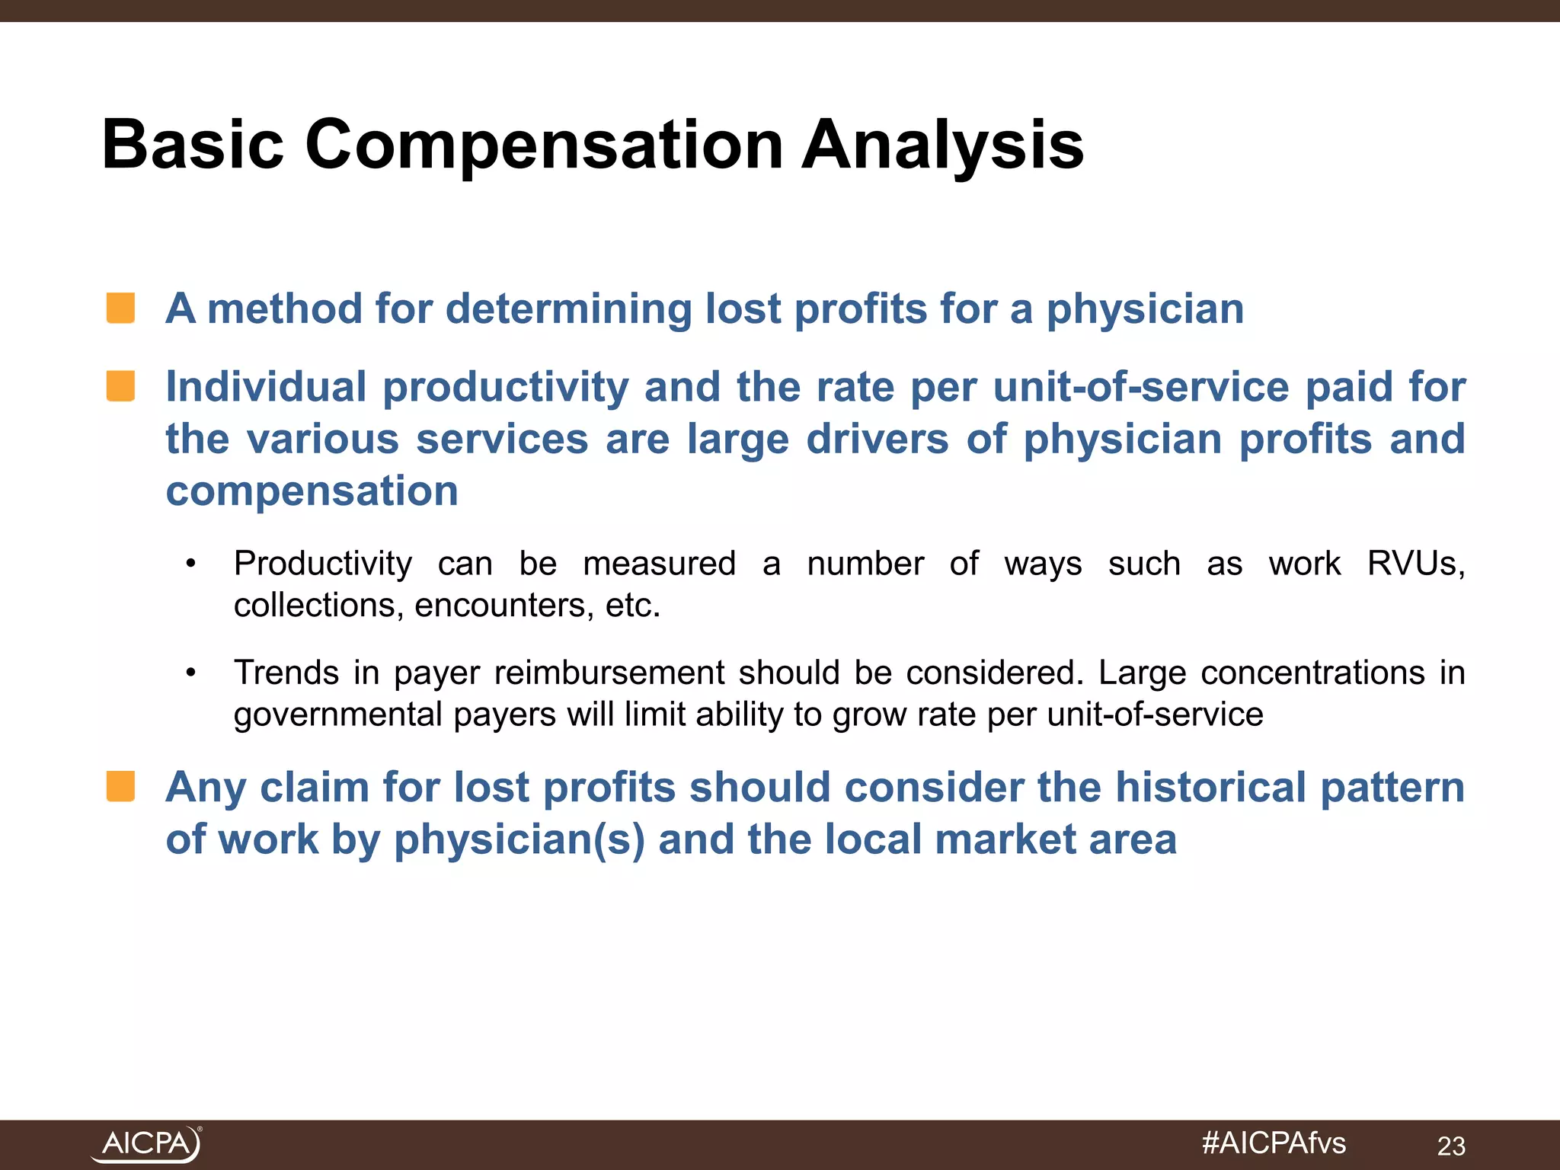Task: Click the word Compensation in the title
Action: tap(544, 146)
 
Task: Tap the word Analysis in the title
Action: tap(942, 146)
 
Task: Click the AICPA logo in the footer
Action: tap(146, 1144)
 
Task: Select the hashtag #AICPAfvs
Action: tap(1274, 1143)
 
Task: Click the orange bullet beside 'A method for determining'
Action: tap(120, 308)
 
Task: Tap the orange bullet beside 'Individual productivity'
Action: tap(120, 386)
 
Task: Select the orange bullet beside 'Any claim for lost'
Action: tap(120, 787)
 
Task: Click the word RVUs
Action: tap(1415, 564)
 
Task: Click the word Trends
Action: tap(286, 673)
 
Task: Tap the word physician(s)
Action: tap(519, 839)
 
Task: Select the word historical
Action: tap(1210, 788)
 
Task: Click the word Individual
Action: tap(266, 387)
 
